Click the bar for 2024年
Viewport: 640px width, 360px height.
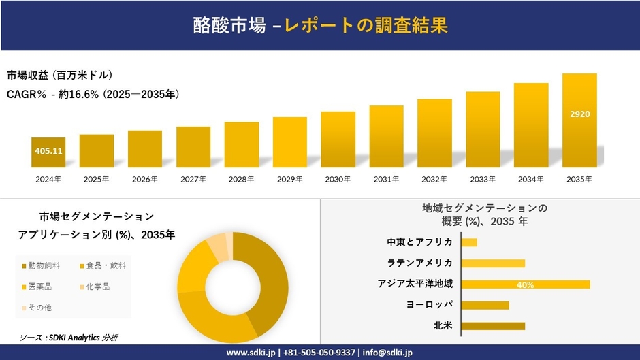coord(48,152)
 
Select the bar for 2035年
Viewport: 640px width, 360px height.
coord(579,120)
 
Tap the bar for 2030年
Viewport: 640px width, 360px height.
coord(338,140)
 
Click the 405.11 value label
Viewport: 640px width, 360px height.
coord(48,150)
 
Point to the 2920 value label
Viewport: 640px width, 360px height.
coord(579,114)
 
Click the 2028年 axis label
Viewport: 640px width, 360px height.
coord(241,179)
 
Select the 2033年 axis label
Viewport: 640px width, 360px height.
coord(483,179)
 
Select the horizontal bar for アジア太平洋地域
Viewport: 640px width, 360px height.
coord(525,284)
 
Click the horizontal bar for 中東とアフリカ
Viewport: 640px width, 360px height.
coord(469,242)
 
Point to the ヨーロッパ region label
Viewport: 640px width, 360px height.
coord(429,305)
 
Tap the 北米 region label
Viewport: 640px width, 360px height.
coord(443,326)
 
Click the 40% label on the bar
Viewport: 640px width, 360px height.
coord(525,285)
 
